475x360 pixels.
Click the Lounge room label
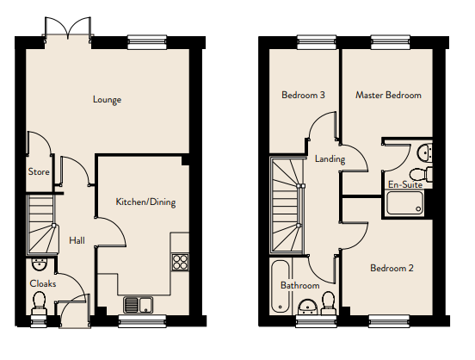click(x=107, y=100)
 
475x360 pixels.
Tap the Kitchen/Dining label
click(x=145, y=202)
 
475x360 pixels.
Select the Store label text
click(x=39, y=171)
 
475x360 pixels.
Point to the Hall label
click(x=77, y=240)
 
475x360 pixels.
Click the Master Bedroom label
click(x=388, y=96)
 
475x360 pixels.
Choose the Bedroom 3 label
click(x=303, y=95)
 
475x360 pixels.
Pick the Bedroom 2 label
click(x=392, y=268)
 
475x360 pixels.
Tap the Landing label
click(x=330, y=159)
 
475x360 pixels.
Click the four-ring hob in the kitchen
click(x=180, y=262)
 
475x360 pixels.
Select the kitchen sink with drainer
click(x=139, y=305)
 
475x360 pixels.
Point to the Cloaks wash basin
click(x=40, y=264)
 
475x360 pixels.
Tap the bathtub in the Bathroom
click(x=281, y=286)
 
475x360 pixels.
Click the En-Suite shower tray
click(x=404, y=203)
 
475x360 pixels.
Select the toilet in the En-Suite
click(x=421, y=174)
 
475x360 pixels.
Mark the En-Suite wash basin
click(x=425, y=152)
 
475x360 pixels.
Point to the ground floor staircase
click(x=42, y=224)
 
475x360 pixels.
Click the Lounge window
click(x=147, y=42)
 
